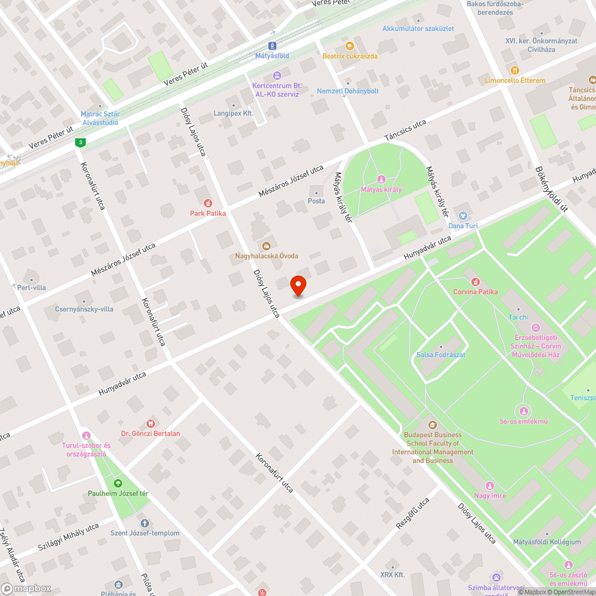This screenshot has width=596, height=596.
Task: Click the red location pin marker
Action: (x=297, y=287)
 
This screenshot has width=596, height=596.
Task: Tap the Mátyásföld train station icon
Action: (x=272, y=45)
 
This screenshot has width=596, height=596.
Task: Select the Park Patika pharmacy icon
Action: (x=208, y=203)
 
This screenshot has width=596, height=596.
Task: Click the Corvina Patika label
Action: (x=475, y=291)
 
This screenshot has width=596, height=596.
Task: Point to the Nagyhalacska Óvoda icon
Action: (x=266, y=246)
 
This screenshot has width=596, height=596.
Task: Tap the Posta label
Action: (x=316, y=201)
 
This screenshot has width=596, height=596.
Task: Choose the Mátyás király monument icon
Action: (x=381, y=179)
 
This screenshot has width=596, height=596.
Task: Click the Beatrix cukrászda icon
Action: (x=350, y=46)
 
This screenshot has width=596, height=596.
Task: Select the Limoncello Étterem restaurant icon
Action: (x=514, y=70)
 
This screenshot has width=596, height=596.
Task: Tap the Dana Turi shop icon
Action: (x=463, y=216)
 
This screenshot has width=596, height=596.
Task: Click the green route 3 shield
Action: (x=80, y=142)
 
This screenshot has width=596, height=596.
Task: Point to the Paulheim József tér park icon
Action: (x=117, y=483)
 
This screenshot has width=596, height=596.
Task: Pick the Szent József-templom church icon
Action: (x=144, y=523)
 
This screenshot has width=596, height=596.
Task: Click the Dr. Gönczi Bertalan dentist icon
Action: (x=150, y=423)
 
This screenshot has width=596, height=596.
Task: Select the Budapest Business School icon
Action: (x=432, y=425)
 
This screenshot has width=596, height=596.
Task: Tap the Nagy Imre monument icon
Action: (x=490, y=486)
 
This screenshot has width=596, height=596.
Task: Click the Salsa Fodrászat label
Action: (x=440, y=355)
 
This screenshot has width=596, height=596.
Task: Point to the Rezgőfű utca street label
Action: (x=412, y=513)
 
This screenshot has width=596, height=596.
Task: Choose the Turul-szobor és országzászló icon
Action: (x=86, y=436)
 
